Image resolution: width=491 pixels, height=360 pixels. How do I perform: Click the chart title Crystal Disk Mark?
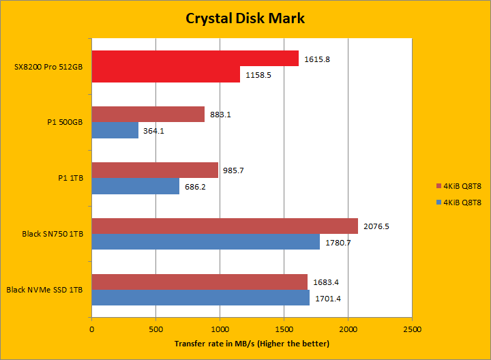click(245, 18)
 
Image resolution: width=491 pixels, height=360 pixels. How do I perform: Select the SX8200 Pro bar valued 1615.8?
click(195, 59)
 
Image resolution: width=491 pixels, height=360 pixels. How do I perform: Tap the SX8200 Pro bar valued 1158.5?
click(166, 74)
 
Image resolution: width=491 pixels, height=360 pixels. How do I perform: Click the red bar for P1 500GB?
click(148, 115)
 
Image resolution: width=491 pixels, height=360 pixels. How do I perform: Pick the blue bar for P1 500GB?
click(115, 130)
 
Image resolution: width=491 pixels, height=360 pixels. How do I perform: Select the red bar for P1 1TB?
click(155, 170)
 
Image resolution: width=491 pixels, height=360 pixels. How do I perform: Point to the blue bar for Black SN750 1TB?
click(205, 242)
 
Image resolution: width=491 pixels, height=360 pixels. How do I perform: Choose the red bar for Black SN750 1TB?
click(224, 226)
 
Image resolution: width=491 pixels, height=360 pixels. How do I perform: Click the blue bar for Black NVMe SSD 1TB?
click(200, 298)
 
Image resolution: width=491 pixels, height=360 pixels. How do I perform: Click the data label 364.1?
click(155, 131)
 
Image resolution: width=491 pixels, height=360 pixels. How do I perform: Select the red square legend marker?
click(438, 185)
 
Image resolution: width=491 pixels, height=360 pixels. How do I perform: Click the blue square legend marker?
click(438, 202)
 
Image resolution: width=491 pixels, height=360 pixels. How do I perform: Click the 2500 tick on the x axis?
click(412, 329)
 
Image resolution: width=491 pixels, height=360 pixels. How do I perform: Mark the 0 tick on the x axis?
click(91, 329)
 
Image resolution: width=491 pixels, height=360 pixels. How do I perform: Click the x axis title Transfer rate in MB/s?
click(252, 344)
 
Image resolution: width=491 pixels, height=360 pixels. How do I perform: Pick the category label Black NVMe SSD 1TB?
click(45, 290)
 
